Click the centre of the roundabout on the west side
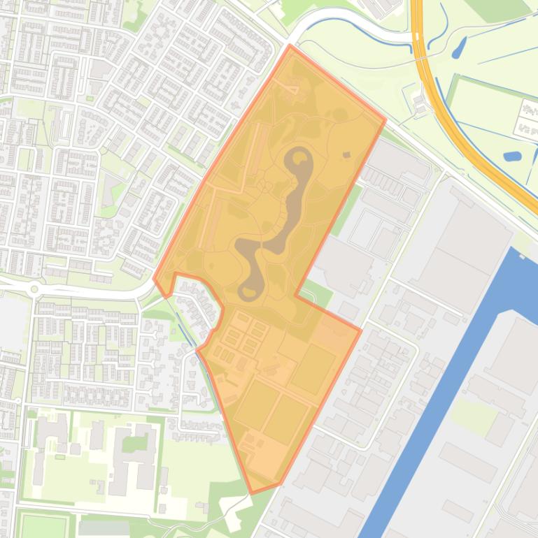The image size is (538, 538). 34,287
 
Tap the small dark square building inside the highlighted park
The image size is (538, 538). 346,155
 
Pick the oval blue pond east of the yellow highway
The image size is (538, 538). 513,156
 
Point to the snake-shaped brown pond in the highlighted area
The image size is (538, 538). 276,224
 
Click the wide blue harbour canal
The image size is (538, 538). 448,391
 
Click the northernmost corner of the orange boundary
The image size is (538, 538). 290,45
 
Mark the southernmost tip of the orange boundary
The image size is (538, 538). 252,493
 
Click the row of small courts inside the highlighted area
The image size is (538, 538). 241,336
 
